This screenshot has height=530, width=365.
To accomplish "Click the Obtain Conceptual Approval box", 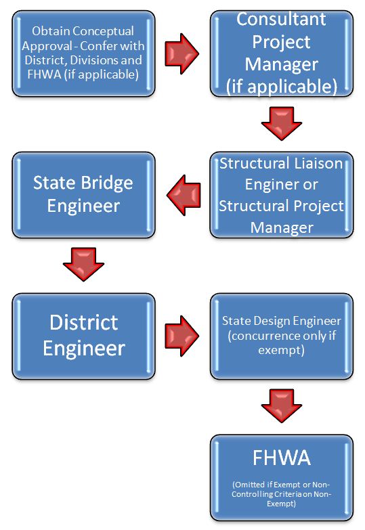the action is [83, 53].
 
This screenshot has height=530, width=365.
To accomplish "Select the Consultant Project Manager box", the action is [282, 53].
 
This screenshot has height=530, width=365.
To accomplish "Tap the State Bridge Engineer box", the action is [83, 195].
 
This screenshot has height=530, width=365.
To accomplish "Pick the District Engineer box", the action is [83, 336].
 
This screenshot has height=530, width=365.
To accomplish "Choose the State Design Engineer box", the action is [282, 336].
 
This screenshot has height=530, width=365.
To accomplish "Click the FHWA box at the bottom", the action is [282, 477].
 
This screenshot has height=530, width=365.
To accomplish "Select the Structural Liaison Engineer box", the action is [282, 195].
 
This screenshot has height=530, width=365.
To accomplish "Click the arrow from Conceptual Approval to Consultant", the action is [182, 53].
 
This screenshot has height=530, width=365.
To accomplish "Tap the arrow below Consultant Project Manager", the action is [282, 124].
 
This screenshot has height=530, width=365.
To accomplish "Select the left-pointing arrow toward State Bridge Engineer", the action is [184, 195].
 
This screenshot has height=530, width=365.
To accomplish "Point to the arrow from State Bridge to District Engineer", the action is [83, 265].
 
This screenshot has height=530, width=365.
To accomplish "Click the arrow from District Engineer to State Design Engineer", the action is [182, 336].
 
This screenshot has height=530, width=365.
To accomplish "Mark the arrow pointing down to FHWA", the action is [282, 405].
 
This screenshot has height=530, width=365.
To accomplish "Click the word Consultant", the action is [281, 19].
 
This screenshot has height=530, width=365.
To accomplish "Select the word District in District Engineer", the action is [83, 322].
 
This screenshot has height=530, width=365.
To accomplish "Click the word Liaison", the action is [318, 164].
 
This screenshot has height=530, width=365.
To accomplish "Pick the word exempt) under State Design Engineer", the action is [282, 350].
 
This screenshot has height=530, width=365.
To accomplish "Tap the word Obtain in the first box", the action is [47, 31].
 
